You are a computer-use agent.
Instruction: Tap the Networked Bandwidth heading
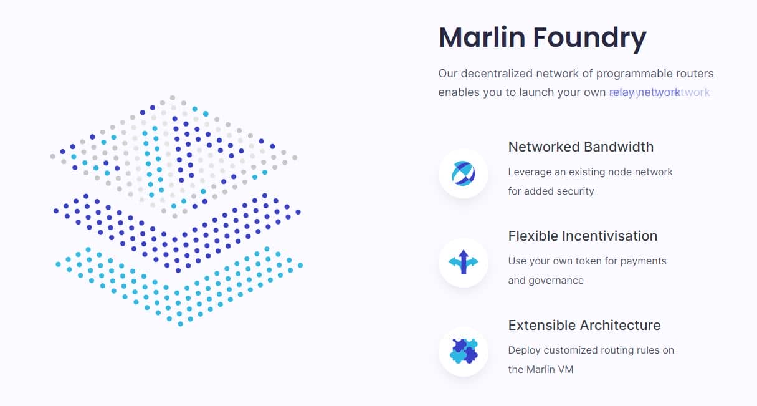coord(581,147)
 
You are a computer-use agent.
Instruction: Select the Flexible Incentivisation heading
coord(583,236)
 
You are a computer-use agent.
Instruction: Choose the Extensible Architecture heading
coord(584,326)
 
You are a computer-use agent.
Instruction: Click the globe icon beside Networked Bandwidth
coord(463,173)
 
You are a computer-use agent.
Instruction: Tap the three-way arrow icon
coord(463,263)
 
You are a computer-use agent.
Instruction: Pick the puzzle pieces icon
coord(463,352)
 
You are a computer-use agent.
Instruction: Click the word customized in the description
coord(568,350)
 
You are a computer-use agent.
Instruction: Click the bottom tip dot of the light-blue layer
coord(180,324)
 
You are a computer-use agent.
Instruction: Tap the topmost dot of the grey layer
coord(173,98)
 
